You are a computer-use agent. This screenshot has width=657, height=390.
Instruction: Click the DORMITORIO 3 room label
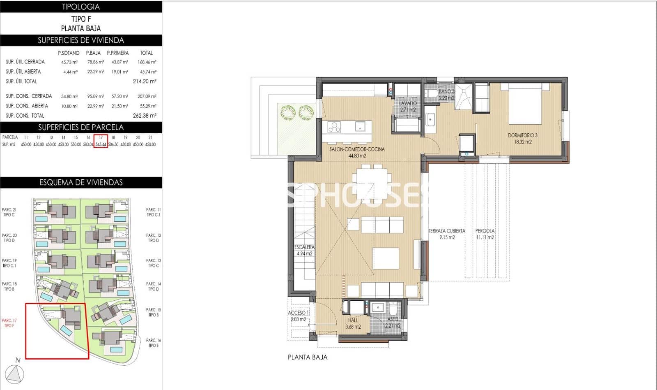(522, 138)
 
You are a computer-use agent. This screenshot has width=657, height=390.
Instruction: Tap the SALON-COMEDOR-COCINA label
(357, 152)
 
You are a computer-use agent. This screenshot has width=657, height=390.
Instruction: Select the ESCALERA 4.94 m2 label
(304, 250)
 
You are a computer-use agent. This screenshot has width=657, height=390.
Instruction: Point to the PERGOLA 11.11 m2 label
(485, 234)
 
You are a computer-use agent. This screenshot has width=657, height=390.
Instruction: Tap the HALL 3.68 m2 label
(353, 323)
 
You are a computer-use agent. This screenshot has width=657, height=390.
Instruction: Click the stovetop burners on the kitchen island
(334, 127)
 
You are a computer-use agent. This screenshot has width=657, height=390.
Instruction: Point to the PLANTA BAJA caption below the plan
(308, 357)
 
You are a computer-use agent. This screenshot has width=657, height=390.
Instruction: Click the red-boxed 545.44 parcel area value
(101, 144)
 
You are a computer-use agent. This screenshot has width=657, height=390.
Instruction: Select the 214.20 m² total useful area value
(145, 81)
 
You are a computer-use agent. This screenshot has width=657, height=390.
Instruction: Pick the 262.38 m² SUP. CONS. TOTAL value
(145, 116)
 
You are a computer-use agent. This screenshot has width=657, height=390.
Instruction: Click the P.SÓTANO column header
(69, 53)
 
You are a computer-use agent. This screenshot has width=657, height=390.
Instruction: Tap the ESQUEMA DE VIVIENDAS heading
(81, 183)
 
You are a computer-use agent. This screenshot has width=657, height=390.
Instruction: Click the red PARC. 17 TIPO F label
(9, 323)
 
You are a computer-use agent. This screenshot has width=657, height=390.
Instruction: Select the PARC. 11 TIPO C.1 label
(153, 212)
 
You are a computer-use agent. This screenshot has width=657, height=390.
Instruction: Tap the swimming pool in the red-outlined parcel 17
(66, 330)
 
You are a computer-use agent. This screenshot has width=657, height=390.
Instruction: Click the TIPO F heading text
(81, 19)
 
